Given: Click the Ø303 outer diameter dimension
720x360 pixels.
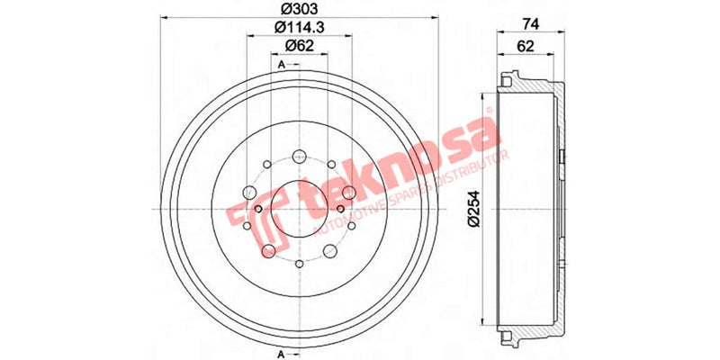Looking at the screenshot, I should [x=298, y=12].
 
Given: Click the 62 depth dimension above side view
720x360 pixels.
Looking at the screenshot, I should [x=524, y=45].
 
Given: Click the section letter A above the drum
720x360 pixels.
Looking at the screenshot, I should [x=282, y=65].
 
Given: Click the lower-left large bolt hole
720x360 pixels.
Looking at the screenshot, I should [x=267, y=249].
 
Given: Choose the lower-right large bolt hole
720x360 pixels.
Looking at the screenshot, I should [x=330, y=249].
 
